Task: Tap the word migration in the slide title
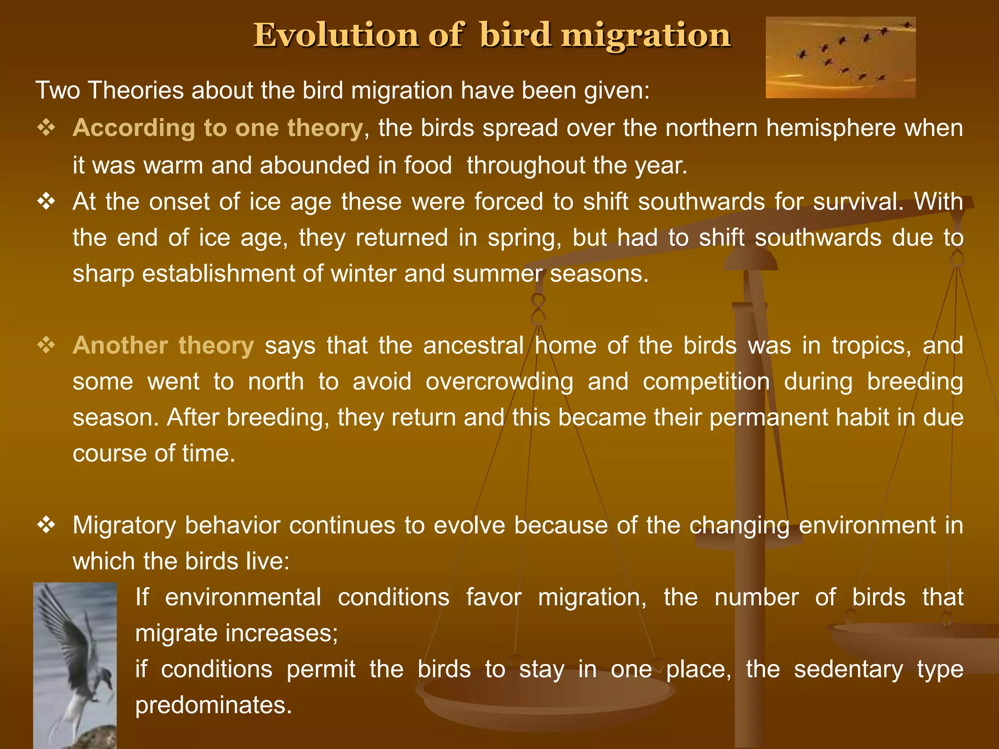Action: [x=646, y=35]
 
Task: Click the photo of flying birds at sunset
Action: [x=840, y=58]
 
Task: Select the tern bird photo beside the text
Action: [x=75, y=665]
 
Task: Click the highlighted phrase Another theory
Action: [x=163, y=346]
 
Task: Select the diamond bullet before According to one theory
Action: [x=47, y=128]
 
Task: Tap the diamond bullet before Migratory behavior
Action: [x=47, y=526]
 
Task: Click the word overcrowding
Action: [x=499, y=382]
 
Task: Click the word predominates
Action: [x=213, y=705]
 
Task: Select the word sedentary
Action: [x=848, y=669]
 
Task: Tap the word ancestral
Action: [x=473, y=346]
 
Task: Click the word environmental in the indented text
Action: [x=243, y=597]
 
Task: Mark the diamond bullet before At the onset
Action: [x=47, y=201]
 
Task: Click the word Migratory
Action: [x=124, y=526]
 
